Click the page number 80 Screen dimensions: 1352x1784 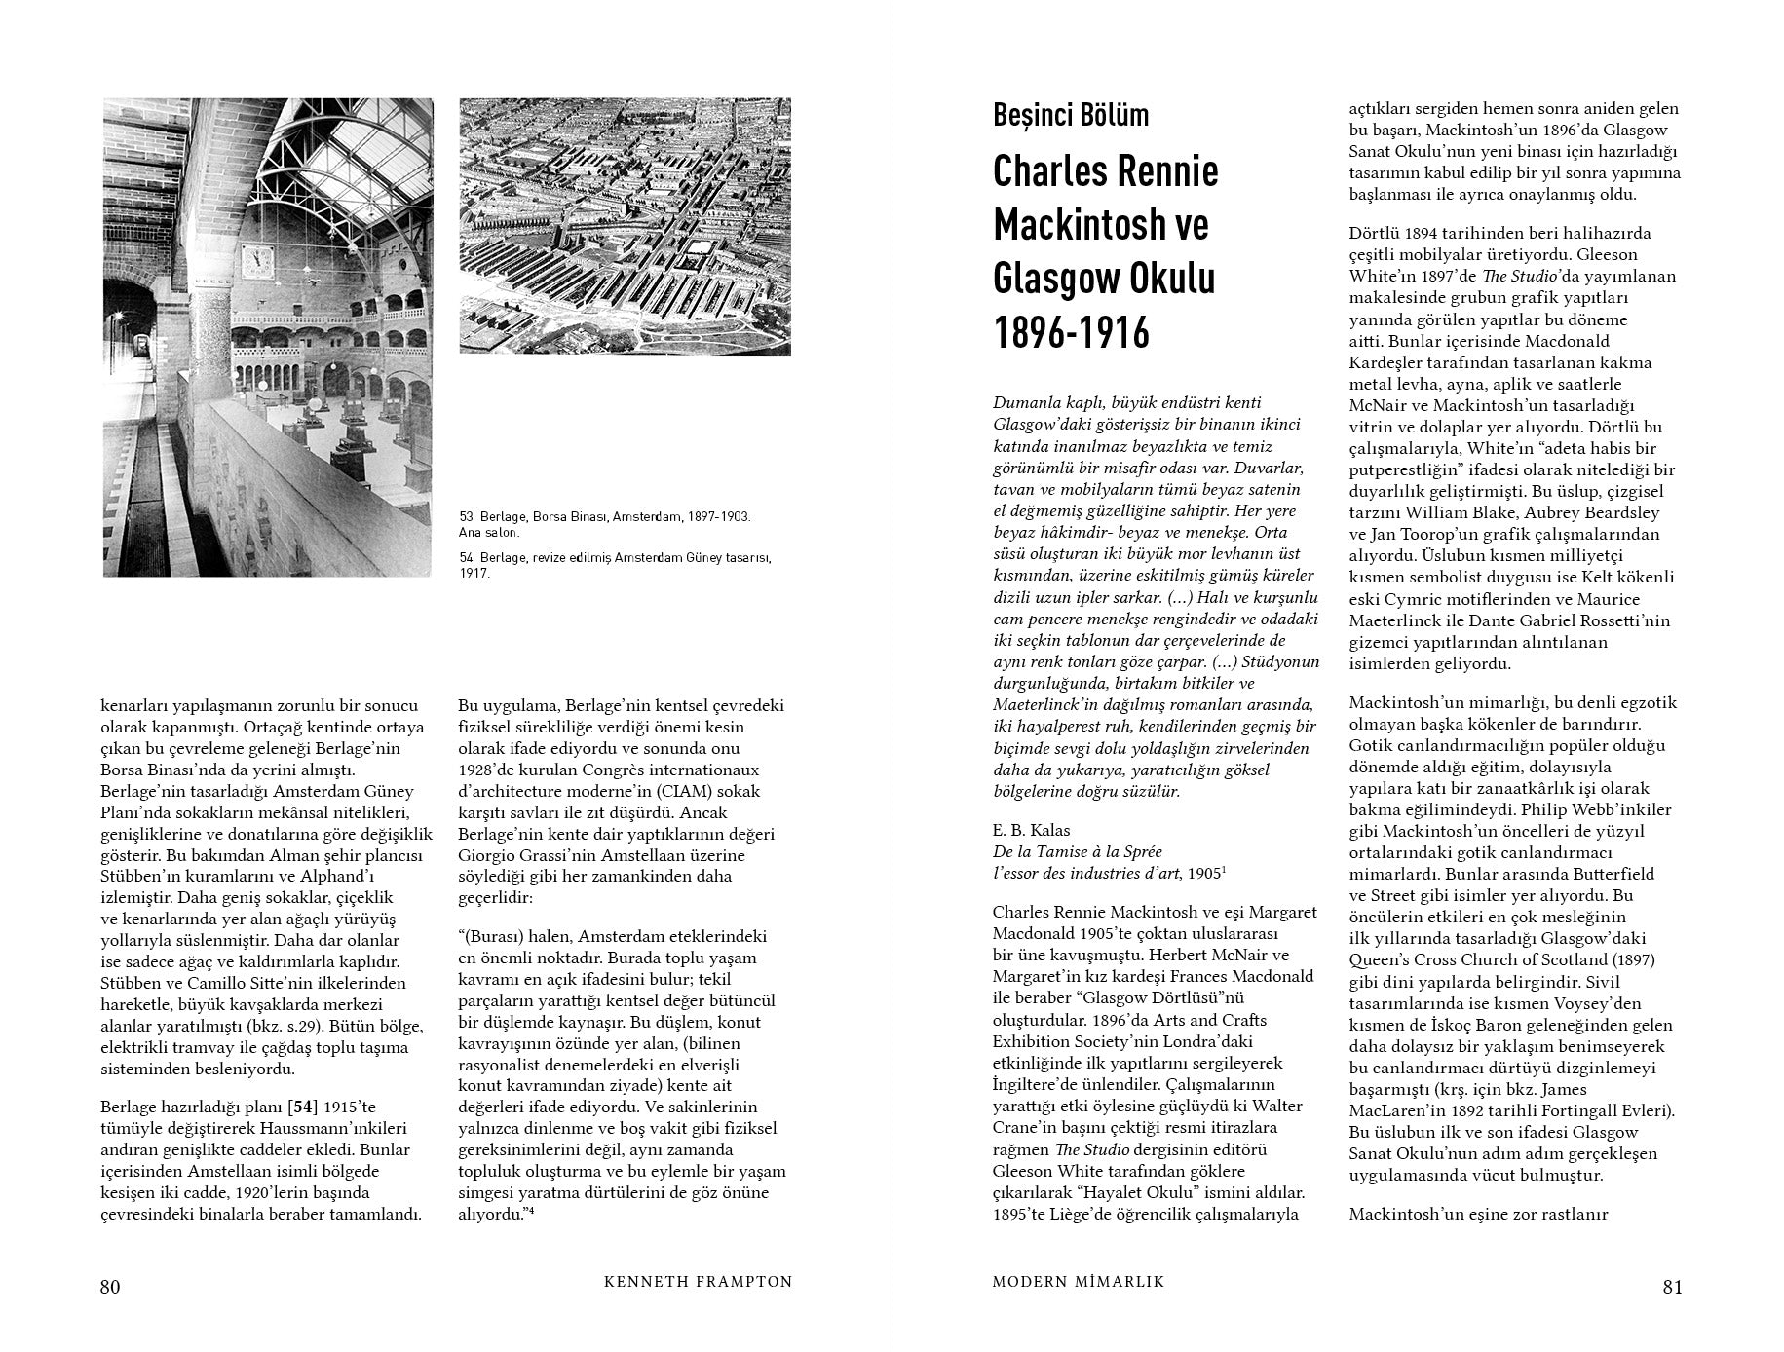(110, 1287)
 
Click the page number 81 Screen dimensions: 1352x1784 (1672, 1287)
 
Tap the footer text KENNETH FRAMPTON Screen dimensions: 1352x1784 (699, 1283)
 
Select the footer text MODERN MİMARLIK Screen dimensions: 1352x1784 (1079, 1283)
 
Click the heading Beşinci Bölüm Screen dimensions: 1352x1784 (1071, 115)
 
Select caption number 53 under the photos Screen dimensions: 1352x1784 (466, 516)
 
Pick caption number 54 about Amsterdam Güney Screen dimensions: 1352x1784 (466, 558)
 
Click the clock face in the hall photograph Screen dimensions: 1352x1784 (257, 259)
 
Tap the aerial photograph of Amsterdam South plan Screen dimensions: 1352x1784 (625, 226)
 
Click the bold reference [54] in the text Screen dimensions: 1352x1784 (297, 1107)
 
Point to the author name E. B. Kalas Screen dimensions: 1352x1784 (1031, 830)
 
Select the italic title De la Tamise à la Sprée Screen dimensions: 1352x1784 (1078, 851)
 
